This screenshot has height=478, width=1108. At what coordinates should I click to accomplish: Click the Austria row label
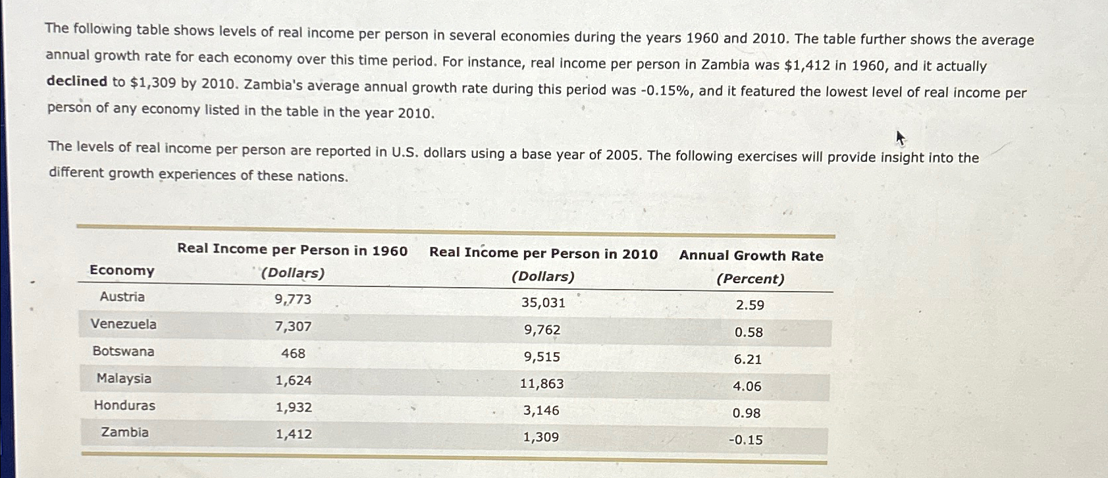click(x=122, y=297)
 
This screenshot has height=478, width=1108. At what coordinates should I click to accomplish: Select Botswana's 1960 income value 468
click(x=293, y=354)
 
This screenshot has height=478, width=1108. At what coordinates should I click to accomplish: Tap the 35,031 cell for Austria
click(x=543, y=303)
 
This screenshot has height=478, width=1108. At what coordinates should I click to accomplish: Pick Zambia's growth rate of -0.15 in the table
click(x=746, y=440)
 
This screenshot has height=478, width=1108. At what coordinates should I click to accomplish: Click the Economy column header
click(x=122, y=271)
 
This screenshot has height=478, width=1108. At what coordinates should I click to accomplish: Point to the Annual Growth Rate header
click(x=751, y=256)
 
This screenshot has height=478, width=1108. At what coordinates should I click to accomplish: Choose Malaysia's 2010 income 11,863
click(x=542, y=384)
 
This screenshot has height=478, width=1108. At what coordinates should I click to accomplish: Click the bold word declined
click(x=76, y=82)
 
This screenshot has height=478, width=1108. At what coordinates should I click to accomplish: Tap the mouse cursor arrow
click(x=901, y=138)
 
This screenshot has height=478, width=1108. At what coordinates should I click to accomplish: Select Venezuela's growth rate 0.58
click(x=749, y=332)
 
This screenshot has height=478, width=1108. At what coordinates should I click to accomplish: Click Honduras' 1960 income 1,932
click(x=294, y=408)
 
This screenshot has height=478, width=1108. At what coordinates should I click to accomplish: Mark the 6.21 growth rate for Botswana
click(x=747, y=359)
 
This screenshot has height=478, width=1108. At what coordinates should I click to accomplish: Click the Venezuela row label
click(x=124, y=324)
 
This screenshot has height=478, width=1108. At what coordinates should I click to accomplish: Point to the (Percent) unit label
click(x=751, y=279)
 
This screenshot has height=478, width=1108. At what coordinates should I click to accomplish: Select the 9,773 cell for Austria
click(x=293, y=300)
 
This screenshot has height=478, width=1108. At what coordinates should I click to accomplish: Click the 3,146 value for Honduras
click(x=541, y=411)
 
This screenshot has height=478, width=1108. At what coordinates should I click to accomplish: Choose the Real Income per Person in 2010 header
click(x=543, y=254)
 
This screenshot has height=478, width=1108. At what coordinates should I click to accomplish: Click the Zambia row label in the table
click(x=124, y=433)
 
